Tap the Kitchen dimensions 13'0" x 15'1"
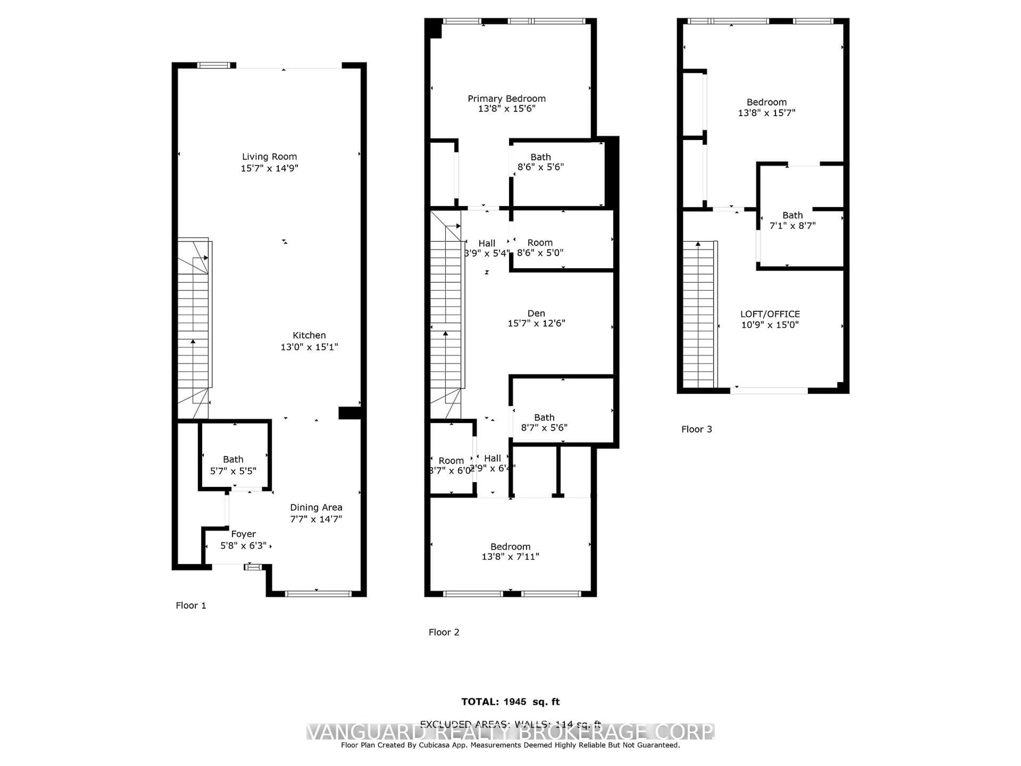[x=309, y=347]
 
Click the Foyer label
[x=243, y=534]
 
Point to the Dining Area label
[x=316, y=507]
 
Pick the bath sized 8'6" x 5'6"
[x=541, y=162]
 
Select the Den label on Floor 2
[x=536, y=314]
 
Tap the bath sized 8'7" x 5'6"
[x=544, y=422]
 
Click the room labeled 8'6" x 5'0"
[x=540, y=247]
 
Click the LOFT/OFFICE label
[x=770, y=314]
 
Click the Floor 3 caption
[x=697, y=429]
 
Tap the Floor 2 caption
[x=443, y=632]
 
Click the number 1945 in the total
[x=515, y=702]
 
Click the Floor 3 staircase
[x=699, y=314]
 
